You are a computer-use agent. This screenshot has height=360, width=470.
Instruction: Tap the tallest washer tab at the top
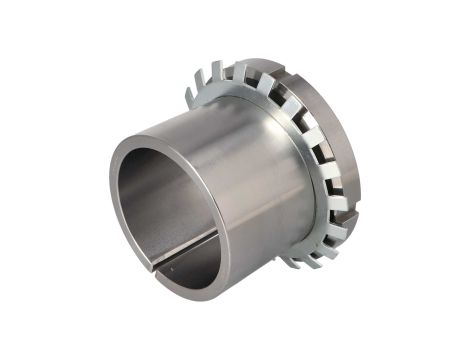pyautogui.click(x=241, y=69)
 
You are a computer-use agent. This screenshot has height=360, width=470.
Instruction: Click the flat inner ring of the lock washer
pyautogui.click(x=300, y=150)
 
